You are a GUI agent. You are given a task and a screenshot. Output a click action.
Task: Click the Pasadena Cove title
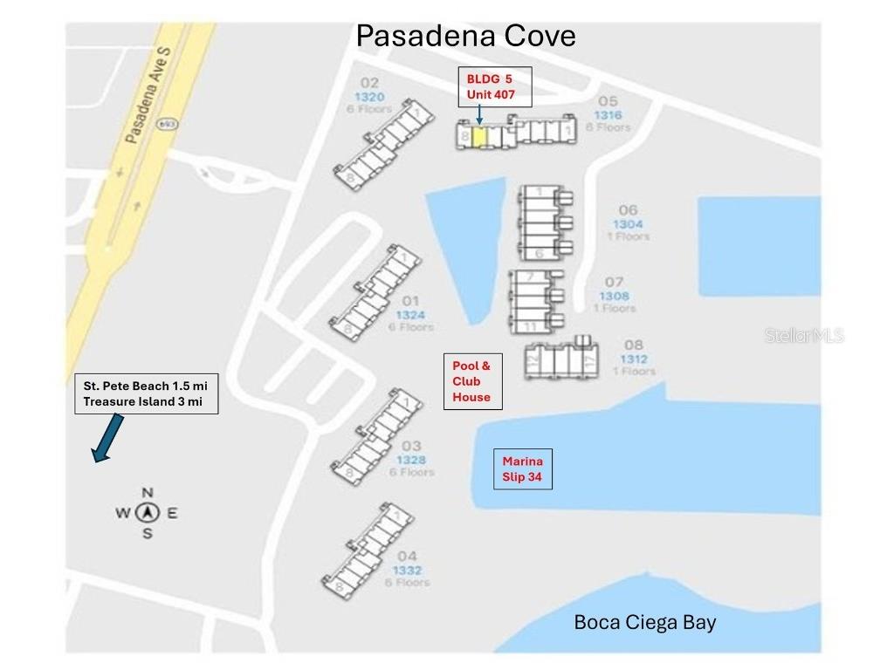[x=465, y=36]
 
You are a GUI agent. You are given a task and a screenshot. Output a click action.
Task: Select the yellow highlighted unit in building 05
[x=479, y=137]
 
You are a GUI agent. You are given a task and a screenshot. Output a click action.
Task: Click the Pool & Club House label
[x=472, y=381]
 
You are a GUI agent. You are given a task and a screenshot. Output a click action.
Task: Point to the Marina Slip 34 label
[x=522, y=468]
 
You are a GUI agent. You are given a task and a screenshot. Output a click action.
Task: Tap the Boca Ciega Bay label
[x=644, y=622]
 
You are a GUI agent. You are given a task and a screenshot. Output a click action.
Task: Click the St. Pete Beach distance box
[x=145, y=393]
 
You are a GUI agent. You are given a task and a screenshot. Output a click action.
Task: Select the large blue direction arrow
[x=107, y=438]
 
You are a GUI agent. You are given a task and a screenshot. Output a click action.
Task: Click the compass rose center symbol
[x=148, y=512]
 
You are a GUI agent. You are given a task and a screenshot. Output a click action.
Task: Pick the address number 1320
[x=368, y=97]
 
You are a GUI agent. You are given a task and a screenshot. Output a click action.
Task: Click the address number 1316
[x=608, y=115]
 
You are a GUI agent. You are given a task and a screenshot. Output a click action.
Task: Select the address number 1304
[x=628, y=224]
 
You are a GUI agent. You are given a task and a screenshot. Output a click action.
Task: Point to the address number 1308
[x=614, y=296]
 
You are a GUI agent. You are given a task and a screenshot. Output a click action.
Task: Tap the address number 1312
[x=634, y=359]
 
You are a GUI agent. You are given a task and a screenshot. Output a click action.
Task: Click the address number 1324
[x=410, y=315]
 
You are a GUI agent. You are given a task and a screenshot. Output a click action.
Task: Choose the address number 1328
[x=411, y=460]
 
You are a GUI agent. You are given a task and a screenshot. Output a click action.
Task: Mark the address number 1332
[x=407, y=570]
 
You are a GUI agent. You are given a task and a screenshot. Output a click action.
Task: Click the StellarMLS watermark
[x=803, y=335]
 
